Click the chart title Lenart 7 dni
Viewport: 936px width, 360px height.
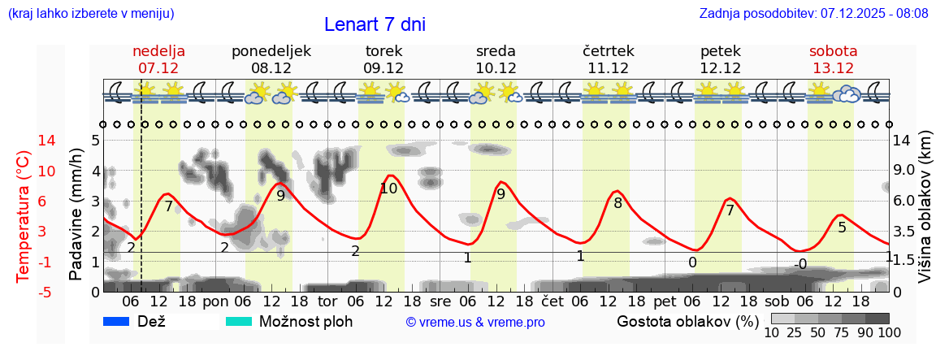(375, 24)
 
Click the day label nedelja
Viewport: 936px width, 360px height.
(159, 51)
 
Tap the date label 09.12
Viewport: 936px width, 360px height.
(383, 68)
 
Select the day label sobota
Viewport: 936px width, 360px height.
(833, 51)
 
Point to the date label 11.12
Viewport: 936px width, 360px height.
(608, 68)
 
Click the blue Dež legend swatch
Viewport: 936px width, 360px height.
(117, 321)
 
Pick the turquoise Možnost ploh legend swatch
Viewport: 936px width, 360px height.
(239, 321)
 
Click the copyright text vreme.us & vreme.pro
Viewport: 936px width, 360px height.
(475, 323)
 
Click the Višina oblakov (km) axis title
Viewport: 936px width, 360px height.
(925, 209)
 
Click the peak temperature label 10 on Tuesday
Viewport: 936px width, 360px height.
(388, 189)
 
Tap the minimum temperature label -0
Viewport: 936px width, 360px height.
(800, 264)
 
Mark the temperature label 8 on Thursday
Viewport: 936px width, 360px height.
(617, 203)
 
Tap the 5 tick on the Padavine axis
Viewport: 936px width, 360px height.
(95, 141)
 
